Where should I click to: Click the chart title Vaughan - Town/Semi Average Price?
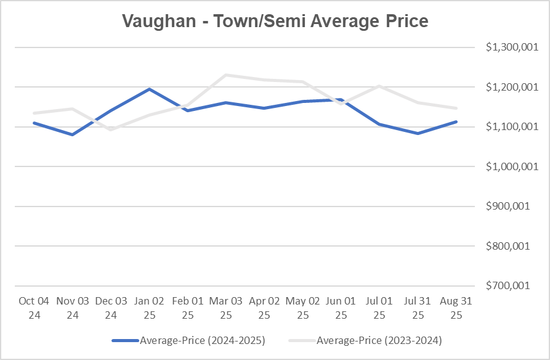tap(275, 21)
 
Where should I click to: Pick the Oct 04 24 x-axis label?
tap(34, 308)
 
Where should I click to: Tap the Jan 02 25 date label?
tap(149, 308)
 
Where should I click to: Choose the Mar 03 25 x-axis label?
tap(226, 308)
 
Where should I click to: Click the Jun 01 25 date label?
tap(341, 308)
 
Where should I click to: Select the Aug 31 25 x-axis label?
tap(456, 308)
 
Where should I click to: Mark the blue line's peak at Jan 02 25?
tap(149, 89)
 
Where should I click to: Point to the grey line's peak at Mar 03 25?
tap(226, 75)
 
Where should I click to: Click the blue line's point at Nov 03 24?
tap(73, 134)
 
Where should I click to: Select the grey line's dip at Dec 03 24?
tap(111, 129)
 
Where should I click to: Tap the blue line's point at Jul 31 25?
tap(418, 133)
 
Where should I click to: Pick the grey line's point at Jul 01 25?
tap(379, 86)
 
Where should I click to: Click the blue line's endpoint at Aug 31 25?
tap(456, 121)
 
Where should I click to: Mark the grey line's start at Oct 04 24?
tap(34, 113)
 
